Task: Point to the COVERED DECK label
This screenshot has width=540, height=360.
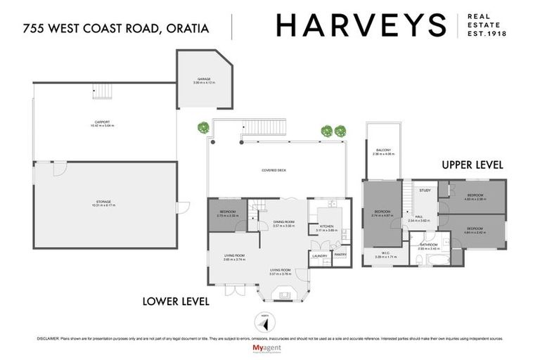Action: (274, 171)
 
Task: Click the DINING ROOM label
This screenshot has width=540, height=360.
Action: (283, 222)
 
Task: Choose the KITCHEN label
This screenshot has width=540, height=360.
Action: (327, 226)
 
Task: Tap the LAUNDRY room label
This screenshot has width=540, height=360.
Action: (320, 256)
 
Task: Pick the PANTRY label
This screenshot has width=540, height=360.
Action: (340, 256)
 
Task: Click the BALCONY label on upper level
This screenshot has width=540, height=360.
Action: (382, 150)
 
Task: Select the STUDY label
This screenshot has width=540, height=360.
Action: (424, 190)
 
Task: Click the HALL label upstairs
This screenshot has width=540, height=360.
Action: (418, 217)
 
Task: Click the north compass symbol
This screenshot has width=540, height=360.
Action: (264, 317)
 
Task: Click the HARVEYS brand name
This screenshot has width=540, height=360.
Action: (361, 26)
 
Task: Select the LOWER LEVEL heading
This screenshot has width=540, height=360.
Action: (176, 302)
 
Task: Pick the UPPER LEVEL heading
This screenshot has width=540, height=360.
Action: (472, 165)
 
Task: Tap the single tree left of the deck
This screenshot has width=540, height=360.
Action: (203, 128)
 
